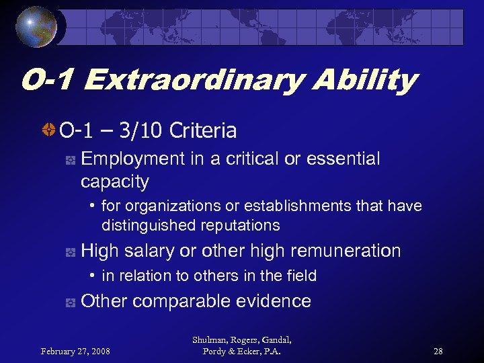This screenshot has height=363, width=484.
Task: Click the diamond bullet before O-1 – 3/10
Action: tap(50, 130)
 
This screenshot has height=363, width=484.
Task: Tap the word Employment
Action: tap(132, 159)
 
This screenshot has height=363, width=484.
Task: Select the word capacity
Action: tap(114, 182)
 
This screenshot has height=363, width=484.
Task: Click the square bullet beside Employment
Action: tap(69, 160)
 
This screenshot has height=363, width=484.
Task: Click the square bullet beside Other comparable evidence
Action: tap(69, 302)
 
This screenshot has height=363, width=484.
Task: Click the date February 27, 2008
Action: tap(76, 350)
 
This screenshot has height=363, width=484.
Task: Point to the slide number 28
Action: tap(438, 350)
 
